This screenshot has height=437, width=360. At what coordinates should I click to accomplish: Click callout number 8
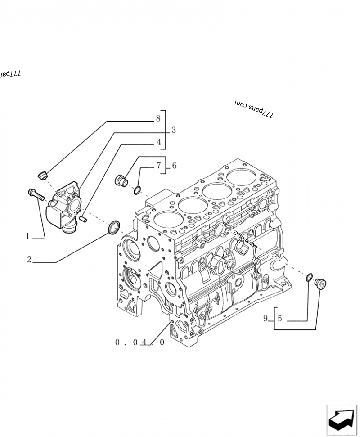pyautogui.click(x=157, y=118)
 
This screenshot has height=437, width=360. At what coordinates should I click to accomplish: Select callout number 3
pyautogui.click(x=173, y=131)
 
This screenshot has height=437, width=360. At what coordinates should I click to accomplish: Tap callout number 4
pyautogui.click(x=158, y=142)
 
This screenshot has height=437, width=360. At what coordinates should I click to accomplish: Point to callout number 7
pyautogui.click(x=158, y=166)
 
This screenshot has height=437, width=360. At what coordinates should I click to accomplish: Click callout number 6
pyautogui.click(x=174, y=166)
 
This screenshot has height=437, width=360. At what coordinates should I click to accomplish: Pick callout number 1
pyautogui.click(x=27, y=235)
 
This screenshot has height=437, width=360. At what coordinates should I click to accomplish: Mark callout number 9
pyautogui.click(x=265, y=319)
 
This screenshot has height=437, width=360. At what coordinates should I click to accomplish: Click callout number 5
pyautogui.click(x=279, y=319)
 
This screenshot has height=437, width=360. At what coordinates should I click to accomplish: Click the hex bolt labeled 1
pyautogui.click(x=35, y=194)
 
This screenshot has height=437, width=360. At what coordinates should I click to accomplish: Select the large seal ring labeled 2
pyautogui.click(x=114, y=226)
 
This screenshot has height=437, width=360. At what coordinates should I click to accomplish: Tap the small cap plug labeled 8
pyautogui.click(x=43, y=175)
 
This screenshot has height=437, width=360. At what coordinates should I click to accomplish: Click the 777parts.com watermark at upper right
pyautogui.click(x=254, y=110)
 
